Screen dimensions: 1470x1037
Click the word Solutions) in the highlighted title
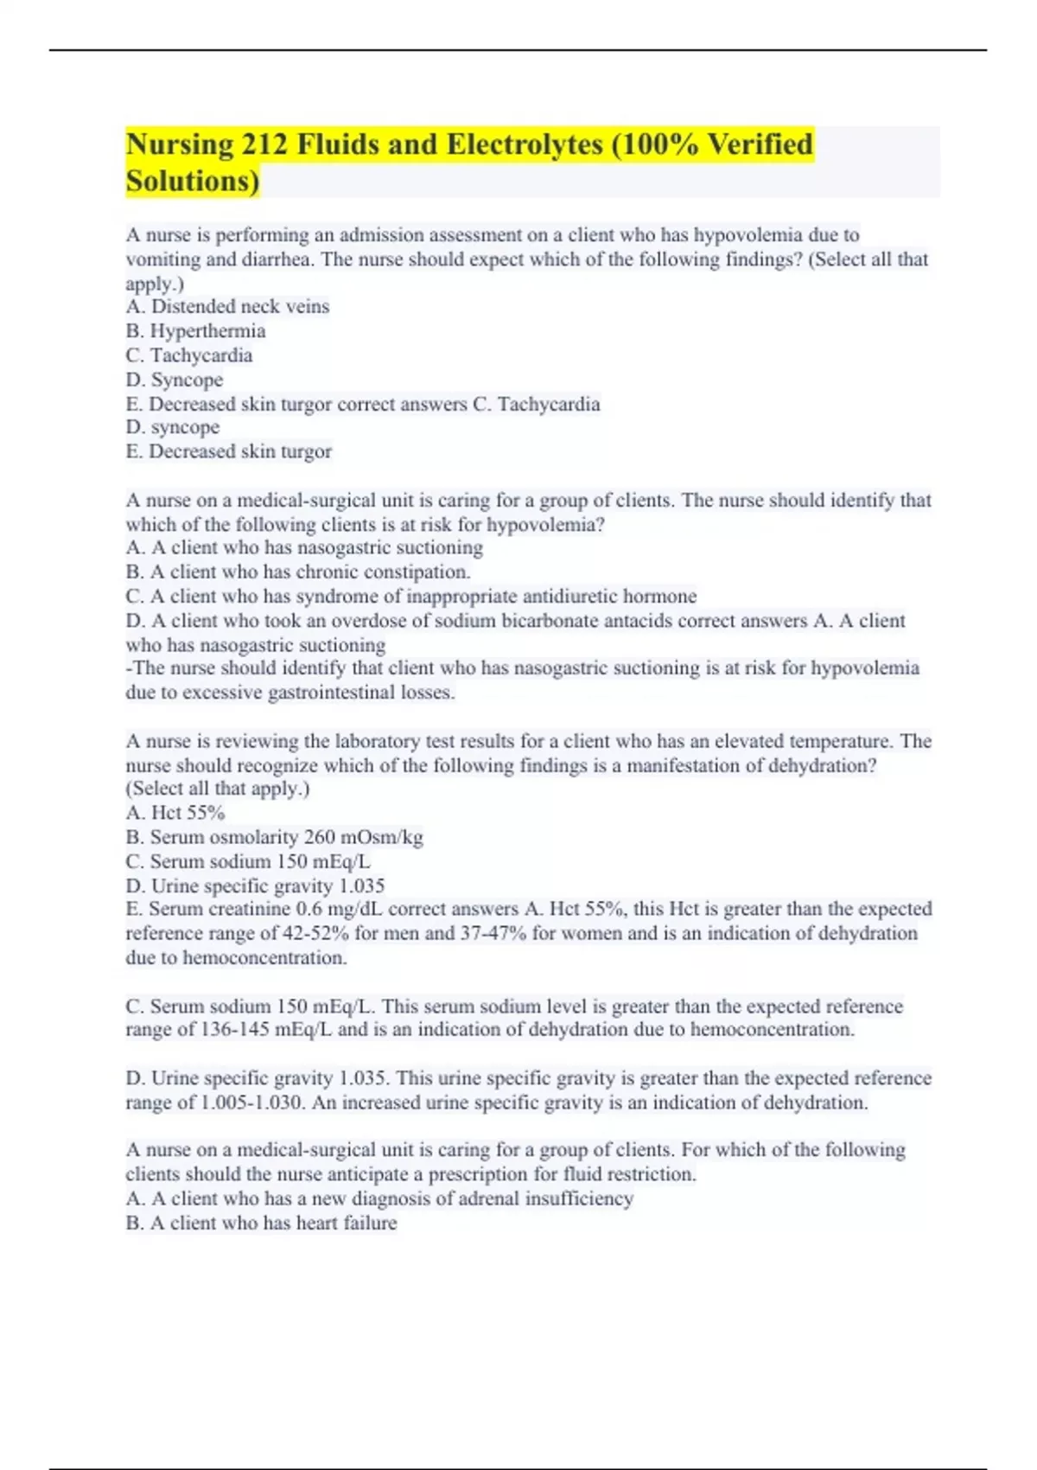pyautogui.click(x=192, y=182)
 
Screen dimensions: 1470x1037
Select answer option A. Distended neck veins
pyautogui.click(x=227, y=307)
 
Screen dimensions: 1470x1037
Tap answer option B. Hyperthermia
pyautogui.click(x=195, y=331)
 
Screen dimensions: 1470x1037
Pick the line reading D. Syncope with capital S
pyautogui.click(x=174, y=380)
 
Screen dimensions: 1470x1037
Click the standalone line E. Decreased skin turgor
pyautogui.click(x=228, y=451)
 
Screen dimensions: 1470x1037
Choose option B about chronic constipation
pyautogui.click(x=297, y=572)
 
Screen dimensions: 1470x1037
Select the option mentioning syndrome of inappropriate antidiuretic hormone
pyautogui.click(x=410, y=597)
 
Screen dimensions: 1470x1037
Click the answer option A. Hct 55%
pyautogui.click(x=175, y=813)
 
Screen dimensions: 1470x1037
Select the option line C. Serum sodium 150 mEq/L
pyautogui.click(x=247, y=861)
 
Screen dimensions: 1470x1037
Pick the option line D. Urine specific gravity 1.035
pyautogui.click(x=254, y=885)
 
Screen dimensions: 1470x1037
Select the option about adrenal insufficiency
pyautogui.click(x=379, y=1198)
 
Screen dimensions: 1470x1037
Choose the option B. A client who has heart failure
pyautogui.click(x=261, y=1223)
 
